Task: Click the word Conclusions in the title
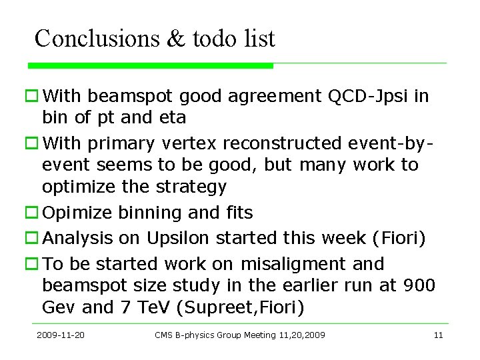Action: (x=96, y=39)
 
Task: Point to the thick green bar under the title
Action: (x=151, y=66)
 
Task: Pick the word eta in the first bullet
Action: (x=172, y=118)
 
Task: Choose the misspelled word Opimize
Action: (x=77, y=213)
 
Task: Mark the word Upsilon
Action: (x=177, y=238)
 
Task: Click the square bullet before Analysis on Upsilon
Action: (x=31, y=238)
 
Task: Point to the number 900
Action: (x=419, y=285)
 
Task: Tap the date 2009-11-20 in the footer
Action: (x=61, y=335)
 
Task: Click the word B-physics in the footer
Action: (x=194, y=335)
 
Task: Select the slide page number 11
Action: (x=438, y=335)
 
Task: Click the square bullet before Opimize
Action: (x=31, y=213)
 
